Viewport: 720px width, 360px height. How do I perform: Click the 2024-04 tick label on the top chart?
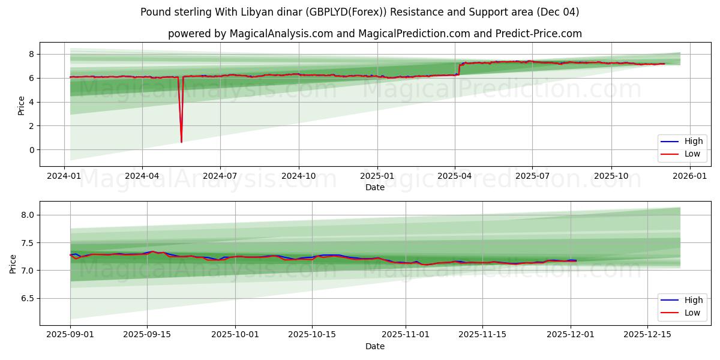tap(142, 176)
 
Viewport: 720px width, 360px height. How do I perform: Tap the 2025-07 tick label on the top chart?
tap(532, 176)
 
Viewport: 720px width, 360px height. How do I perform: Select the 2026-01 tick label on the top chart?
tap(689, 176)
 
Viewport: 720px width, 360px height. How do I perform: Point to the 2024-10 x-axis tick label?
tap(299, 176)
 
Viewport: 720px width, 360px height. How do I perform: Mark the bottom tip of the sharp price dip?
tap(181, 142)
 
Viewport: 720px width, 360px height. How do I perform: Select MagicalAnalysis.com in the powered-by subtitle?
tap(281, 34)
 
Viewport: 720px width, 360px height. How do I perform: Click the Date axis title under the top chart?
tap(374, 187)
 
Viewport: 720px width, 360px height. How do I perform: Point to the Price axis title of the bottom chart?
tap(13, 263)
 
